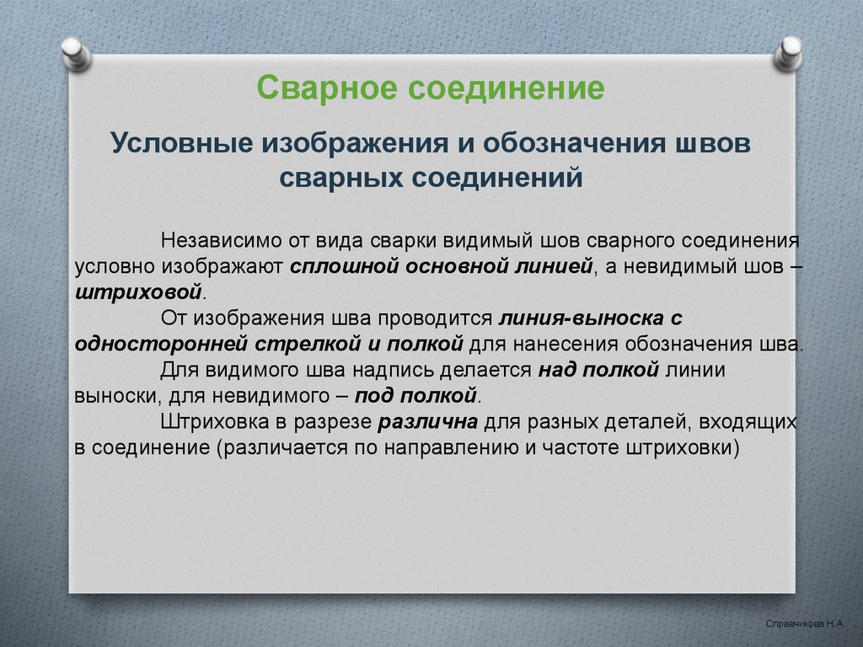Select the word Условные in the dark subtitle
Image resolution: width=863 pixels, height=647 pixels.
[x=182, y=143]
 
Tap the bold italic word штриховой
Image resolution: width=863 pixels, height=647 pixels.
[x=138, y=292]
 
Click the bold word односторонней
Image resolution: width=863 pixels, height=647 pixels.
[x=161, y=344]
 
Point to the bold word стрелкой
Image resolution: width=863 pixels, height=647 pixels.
[x=308, y=344]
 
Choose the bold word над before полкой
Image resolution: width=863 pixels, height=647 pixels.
[x=558, y=370]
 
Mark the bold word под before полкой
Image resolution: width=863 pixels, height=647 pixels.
[x=373, y=396]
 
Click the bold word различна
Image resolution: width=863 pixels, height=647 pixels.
[x=428, y=422]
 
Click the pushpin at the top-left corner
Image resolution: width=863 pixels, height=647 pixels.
[x=76, y=53]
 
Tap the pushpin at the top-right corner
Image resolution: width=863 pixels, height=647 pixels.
[x=788, y=53]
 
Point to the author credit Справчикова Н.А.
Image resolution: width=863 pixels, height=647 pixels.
[x=804, y=623]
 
